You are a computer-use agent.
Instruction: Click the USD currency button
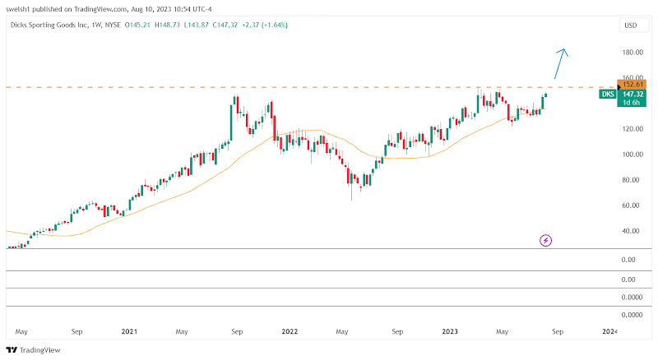pyautogui.click(x=631, y=25)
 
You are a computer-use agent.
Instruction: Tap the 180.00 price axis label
pyautogui.click(x=633, y=53)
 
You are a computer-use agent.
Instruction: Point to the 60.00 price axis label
pyautogui.click(x=632, y=205)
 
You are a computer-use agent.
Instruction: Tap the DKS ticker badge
pyautogui.click(x=608, y=95)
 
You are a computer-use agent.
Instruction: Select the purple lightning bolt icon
pyautogui.click(x=546, y=240)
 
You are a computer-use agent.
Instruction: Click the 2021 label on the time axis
pyautogui.click(x=129, y=331)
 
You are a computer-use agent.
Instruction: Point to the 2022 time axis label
pyautogui.click(x=290, y=331)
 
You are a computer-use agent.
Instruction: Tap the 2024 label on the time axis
pyautogui.click(x=609, y=331)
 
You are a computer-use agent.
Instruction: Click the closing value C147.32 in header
pyautogui.click(x=224, y=25)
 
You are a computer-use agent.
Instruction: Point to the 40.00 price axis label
pyautogui.click(x=632, y=231)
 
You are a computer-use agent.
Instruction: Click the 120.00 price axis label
pyautogui.click(x=633, y=129)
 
